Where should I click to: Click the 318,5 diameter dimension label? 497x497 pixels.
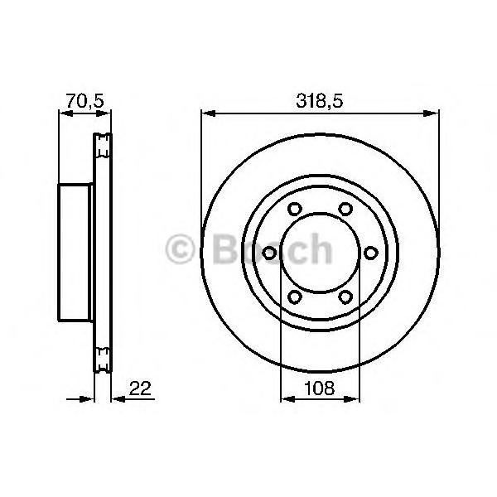[x=320, y=101]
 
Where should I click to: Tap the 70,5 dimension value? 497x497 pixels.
[x=85, y=101]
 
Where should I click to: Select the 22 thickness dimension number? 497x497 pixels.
[x=141, y=388]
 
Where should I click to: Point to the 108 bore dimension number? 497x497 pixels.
[x=320, y=388]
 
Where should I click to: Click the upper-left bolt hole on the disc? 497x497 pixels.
[x=295, y=209]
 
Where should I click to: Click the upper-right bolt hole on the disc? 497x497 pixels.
[x=345, y=209]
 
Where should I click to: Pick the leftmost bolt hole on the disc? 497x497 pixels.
[x=269, y=253]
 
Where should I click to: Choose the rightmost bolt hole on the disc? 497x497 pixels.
[x=371, y=253]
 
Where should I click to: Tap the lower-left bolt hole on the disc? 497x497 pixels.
[x=295, y=297]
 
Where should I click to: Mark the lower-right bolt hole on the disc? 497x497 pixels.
[x=345, y=297]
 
